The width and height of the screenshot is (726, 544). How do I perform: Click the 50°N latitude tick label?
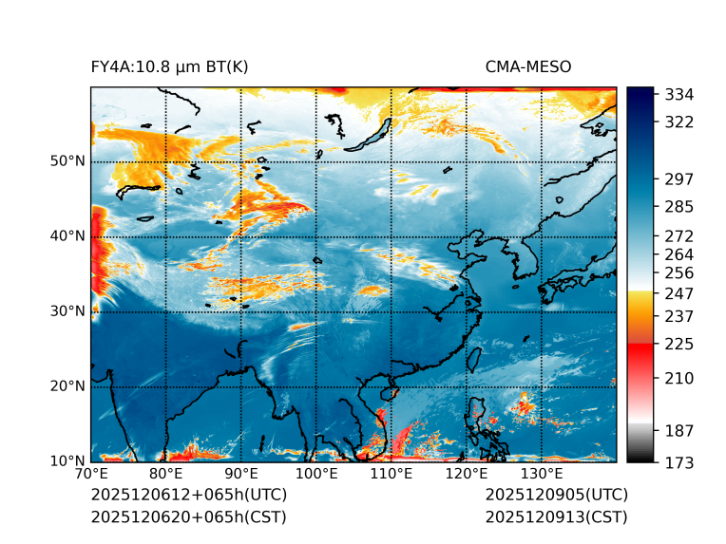(67, 161)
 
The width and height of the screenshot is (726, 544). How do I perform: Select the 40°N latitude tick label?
(67, 236)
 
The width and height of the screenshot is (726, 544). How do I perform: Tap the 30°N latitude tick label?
(67, 311)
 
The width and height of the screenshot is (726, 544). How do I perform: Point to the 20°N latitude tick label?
(67, 386)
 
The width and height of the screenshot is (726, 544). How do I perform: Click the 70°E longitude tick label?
(91, 474)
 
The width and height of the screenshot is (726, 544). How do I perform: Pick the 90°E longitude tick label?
(241, 474)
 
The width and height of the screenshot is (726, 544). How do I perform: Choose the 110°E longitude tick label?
(392, 474)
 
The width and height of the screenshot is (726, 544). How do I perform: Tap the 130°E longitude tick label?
(542, 474)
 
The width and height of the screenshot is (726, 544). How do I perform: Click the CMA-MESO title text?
(527, 66)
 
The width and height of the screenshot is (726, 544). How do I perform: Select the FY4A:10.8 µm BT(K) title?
(170, 66)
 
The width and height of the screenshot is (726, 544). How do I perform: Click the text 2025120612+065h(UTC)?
(189, 495)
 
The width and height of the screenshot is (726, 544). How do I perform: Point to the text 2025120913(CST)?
(556, 516)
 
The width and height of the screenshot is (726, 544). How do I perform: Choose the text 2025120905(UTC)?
(556, 495)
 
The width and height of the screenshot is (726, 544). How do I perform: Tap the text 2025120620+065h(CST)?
(188, 516)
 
